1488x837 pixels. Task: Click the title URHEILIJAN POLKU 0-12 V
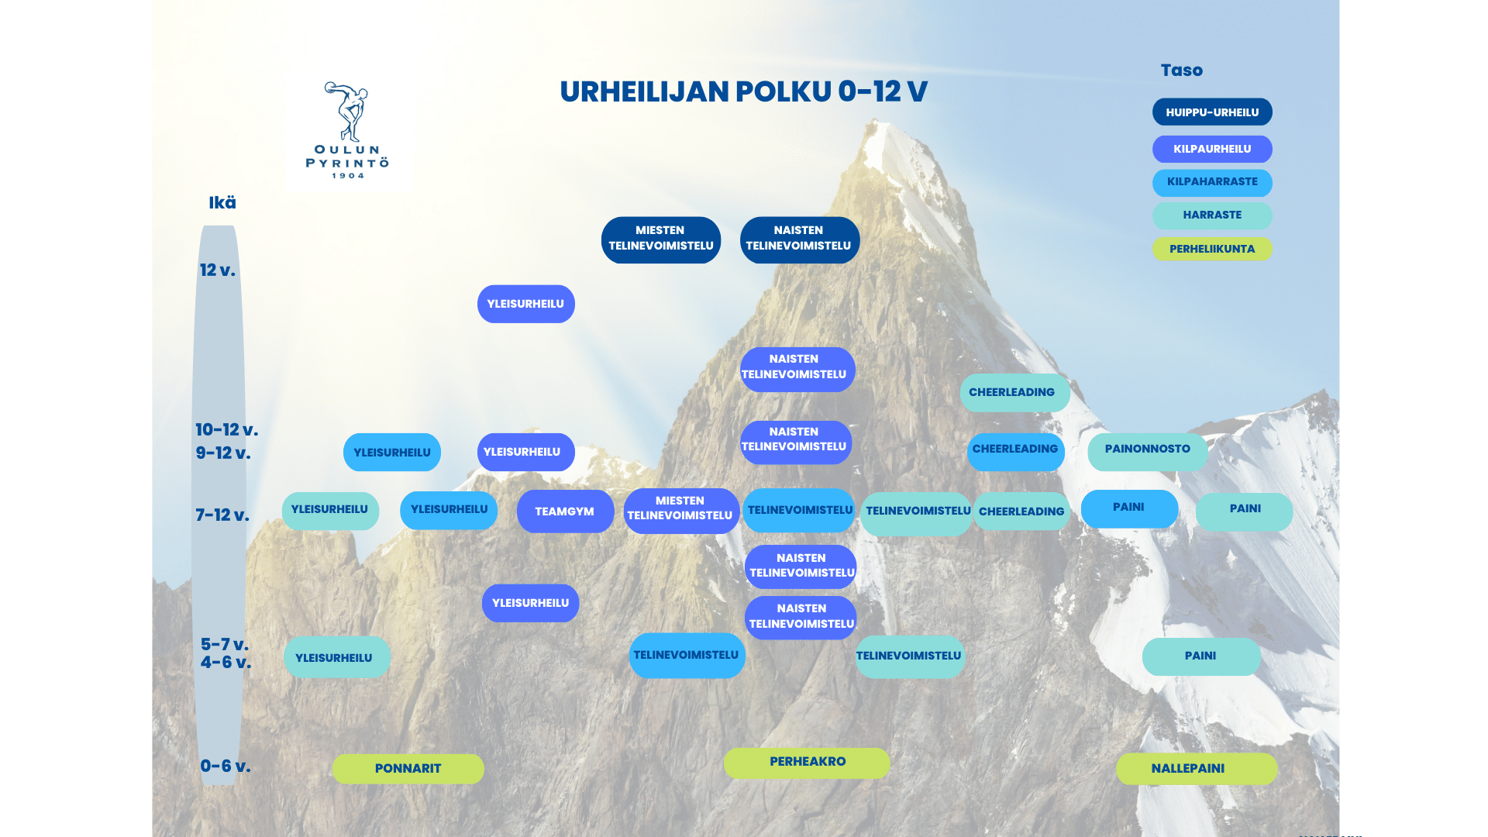pyautogui.click(x=743, y=91)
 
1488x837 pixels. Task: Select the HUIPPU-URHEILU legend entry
pyautogui.click(x=1212, y=112)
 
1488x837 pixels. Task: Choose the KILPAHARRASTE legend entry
pyautogui.click(x=1212, y=182)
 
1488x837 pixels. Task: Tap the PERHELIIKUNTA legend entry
pyautogui.click(x=1212, y=249)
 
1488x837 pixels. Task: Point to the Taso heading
pyautogui.click(x=1181, y=71)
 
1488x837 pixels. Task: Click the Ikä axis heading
pyautogui.click(x=222, y=203)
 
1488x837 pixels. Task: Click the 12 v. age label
pyautogui.click(x=218, y=270)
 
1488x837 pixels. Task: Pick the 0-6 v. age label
pyautogui.click(x=226, y=766)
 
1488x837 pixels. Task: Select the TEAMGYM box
pyautogui.click(x=565, y=511)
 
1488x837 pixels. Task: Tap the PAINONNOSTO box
pyautogui.click(x=1148, y=451)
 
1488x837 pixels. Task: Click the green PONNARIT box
pyautogui.click(x=408, y=769)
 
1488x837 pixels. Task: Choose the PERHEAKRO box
pyautogui.click(x=807, y=763)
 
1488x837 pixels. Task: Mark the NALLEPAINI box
pyautogui.click(x=1197, y=769)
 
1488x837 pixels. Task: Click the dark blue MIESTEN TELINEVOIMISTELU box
pyautogui.click(x=661, y=239)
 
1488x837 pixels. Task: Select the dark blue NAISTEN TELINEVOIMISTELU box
pyautogui.click(x=800, y=239)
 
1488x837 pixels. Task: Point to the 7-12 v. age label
pyautogui.click(x=222, y=515)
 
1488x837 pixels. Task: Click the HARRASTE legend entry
pyautogui.click(x=1212, y=215)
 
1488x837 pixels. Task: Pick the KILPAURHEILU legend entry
pyautogui.click(x=1212, y=149)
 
